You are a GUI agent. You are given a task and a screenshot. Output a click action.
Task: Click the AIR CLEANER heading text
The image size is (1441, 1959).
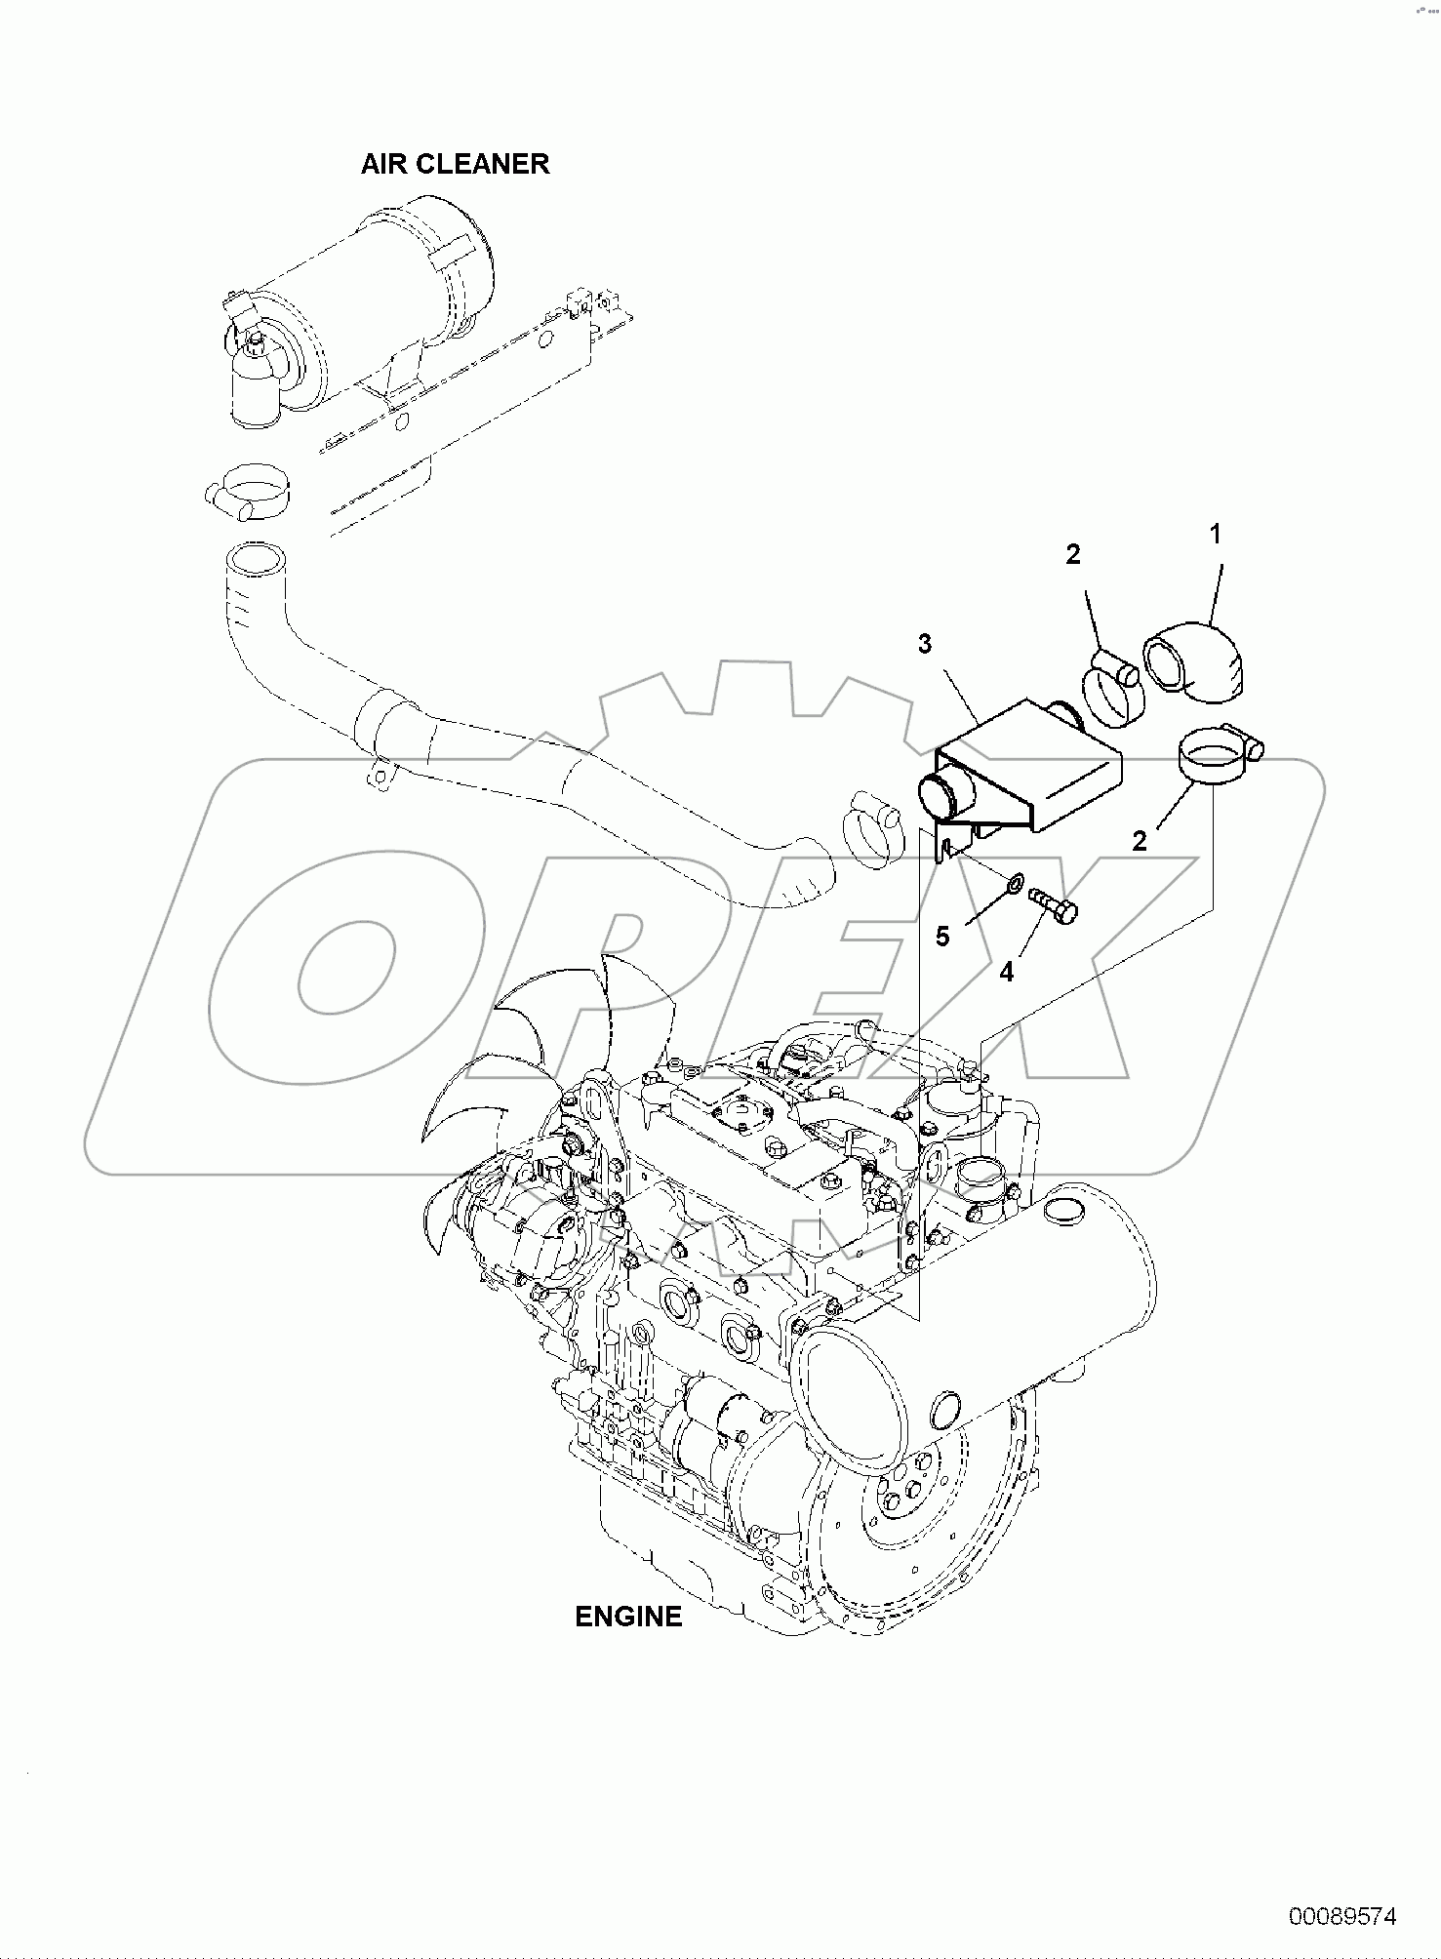tap(455, 164)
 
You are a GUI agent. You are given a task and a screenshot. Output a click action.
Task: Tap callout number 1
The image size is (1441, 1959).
tap(1215, 535)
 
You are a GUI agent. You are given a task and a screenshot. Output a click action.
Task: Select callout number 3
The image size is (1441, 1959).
tap(924, 644)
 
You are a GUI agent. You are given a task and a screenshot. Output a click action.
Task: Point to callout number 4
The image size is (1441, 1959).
tap(1006, 972)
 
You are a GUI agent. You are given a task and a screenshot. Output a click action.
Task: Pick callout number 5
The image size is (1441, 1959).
tap(941, 937)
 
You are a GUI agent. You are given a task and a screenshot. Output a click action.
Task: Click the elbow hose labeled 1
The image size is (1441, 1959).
tap(1195, 663)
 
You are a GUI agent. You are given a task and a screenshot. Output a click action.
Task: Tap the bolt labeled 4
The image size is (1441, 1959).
tap(1054, 902)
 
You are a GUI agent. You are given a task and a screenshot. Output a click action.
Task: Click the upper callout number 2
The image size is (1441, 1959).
tap(1072, 554)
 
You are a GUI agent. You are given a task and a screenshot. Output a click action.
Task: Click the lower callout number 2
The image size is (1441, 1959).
tap(1139, 841)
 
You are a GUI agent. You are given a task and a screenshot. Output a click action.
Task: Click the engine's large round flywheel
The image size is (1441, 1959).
tap(898, 1522)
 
